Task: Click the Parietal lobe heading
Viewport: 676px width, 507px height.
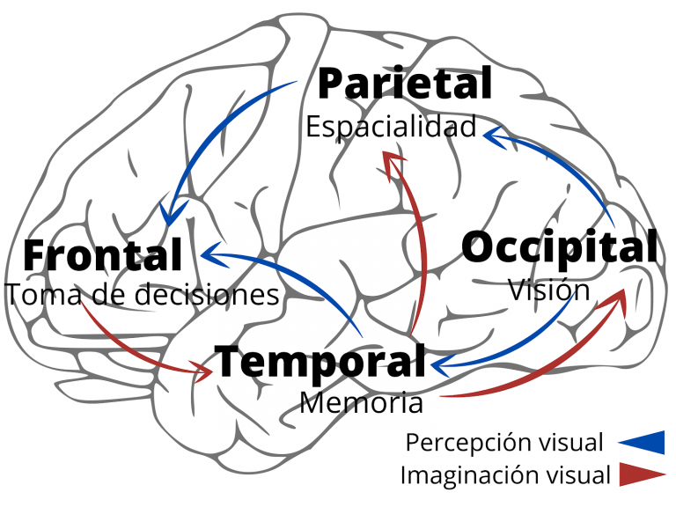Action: click(x=404, y=84)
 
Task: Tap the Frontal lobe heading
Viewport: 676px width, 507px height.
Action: click(x=103, y=255)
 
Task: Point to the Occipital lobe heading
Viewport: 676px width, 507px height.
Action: click(x=560, y=247)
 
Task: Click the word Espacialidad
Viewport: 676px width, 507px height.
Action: click(x=391, y=127)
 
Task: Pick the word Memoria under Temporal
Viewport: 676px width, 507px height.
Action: click(x=361, y=403)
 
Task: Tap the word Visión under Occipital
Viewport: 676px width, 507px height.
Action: click(x=549, y=290)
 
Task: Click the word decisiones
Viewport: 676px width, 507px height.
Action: click(x=209, y=295)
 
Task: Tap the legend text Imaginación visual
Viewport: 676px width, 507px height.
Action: click(x=504, y=475)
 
